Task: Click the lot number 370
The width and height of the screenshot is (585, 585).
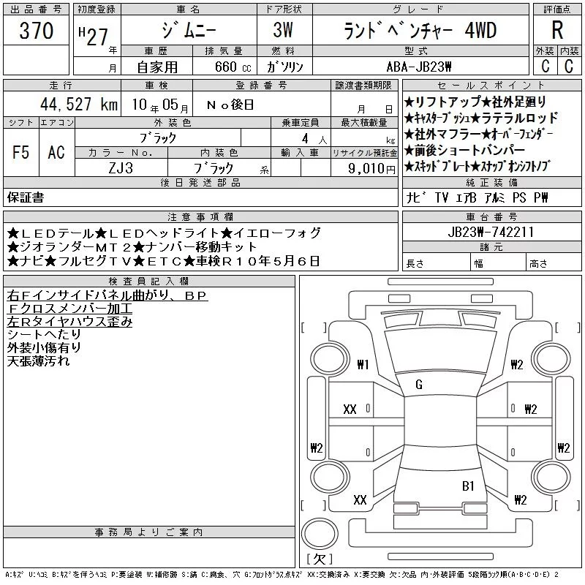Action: (x=36, y=31)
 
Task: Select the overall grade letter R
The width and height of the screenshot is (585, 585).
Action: (x=557, y=30)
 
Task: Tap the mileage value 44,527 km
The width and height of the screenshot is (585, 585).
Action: (x=79, y=104)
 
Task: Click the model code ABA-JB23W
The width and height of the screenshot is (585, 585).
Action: (x=419, y=67)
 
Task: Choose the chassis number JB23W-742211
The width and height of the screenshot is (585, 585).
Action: (x=491, y=232)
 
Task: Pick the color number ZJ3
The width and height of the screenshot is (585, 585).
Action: (x=121, y=168)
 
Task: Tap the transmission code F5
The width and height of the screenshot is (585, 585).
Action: (x=20, y=152)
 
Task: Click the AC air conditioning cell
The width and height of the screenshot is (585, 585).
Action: (x=56, y=152)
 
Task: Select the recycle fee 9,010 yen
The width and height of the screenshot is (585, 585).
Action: (x=371, y=169)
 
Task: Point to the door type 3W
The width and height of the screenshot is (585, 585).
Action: (x=283, y=30)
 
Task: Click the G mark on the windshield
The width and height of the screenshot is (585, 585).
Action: (x=419, y=385)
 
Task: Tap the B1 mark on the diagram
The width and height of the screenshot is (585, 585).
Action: (x=468, y=486)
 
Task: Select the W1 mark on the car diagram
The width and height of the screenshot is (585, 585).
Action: (x=363, y=364)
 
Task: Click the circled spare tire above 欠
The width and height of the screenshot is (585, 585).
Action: (x=320, y=534)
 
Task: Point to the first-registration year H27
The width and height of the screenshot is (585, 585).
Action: (x=94, y=36)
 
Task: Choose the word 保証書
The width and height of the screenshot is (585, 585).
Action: (x=26, y=197)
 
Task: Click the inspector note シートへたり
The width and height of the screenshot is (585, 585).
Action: (x=44, y=335)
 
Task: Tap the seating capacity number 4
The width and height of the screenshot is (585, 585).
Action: (x=305, y=138)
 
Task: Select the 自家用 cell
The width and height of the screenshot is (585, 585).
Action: (x=157, y=67)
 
